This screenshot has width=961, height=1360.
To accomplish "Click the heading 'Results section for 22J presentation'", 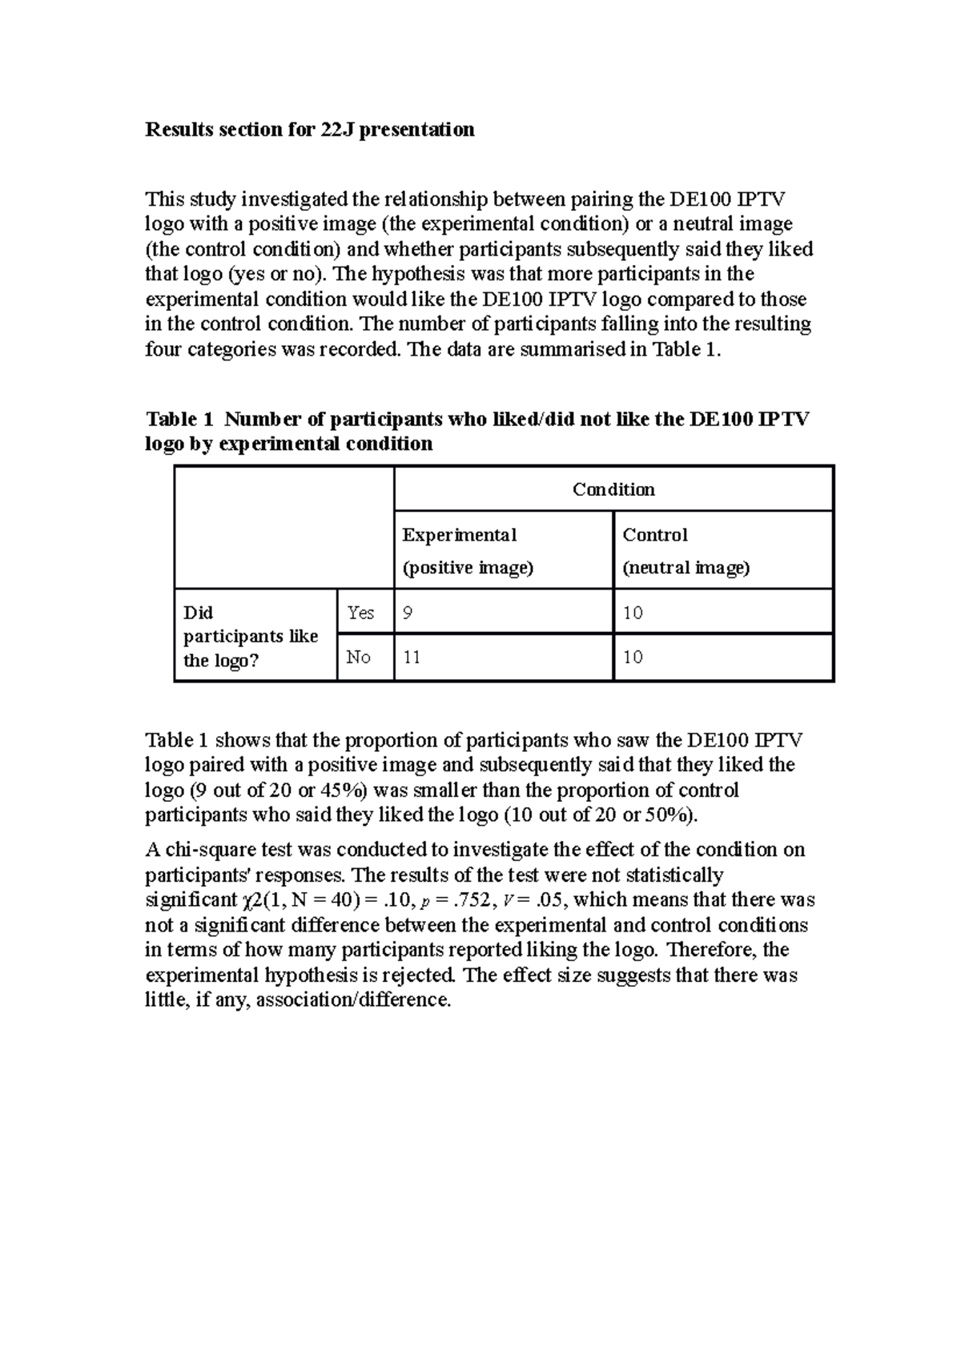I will click(x=309, y=130).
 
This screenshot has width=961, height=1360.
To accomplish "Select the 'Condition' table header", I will click(x=613, y=489).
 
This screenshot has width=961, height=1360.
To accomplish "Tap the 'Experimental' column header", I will click(x=459, y=534).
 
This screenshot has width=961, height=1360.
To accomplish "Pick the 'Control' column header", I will click(x=655, y=534).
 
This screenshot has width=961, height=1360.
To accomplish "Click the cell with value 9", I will click(x=408, y=613).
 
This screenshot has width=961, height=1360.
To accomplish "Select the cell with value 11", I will click(x=412, y=658).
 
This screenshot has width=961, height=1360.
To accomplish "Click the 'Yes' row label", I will click(x=360, y=613).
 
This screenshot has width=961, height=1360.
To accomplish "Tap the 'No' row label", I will click(x=358, y=658).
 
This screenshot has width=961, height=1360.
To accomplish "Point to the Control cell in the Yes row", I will click(x=633, y=613).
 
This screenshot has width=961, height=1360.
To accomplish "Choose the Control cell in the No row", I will click(x=633, y=658).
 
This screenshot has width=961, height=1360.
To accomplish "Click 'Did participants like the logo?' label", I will click(x=251, y=636).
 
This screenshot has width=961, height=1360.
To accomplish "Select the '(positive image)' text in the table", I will click(x=467, y=568).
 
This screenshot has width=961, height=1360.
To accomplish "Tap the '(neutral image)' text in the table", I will click(x=686, y=568).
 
